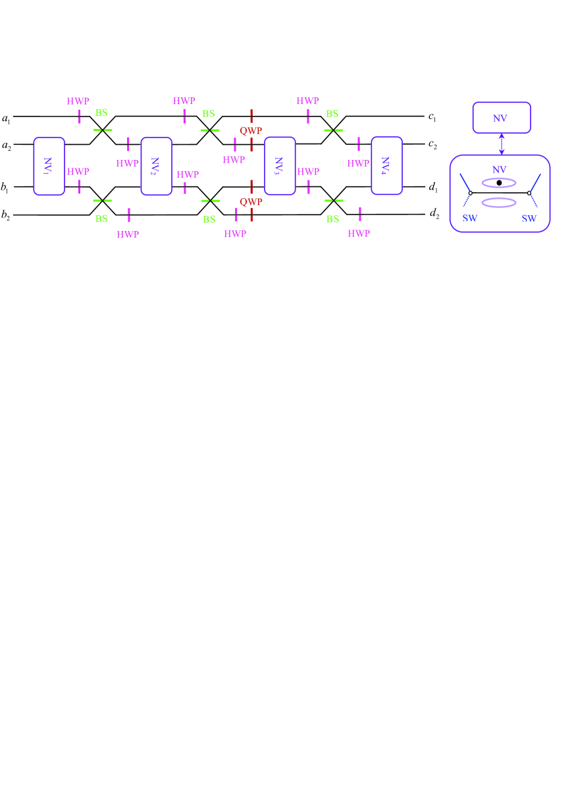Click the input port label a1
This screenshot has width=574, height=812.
[6, 119]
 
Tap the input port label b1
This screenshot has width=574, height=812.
[6, 188]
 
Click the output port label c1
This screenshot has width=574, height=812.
[432, 118]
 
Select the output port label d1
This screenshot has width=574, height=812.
[432, 188]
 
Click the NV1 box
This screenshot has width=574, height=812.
[49, 166]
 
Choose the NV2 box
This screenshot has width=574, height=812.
[157, 166]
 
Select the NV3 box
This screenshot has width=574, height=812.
[280, 166]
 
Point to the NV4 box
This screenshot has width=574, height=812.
[386, 166]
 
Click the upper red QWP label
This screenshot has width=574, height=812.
[251, 131]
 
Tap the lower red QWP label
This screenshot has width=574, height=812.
[251, 201]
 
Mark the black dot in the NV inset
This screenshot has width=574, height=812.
[500, 182]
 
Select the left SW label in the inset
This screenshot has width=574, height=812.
[469, 218]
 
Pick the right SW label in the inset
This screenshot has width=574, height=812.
[529, 218]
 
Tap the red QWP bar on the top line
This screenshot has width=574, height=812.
[251, 116]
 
